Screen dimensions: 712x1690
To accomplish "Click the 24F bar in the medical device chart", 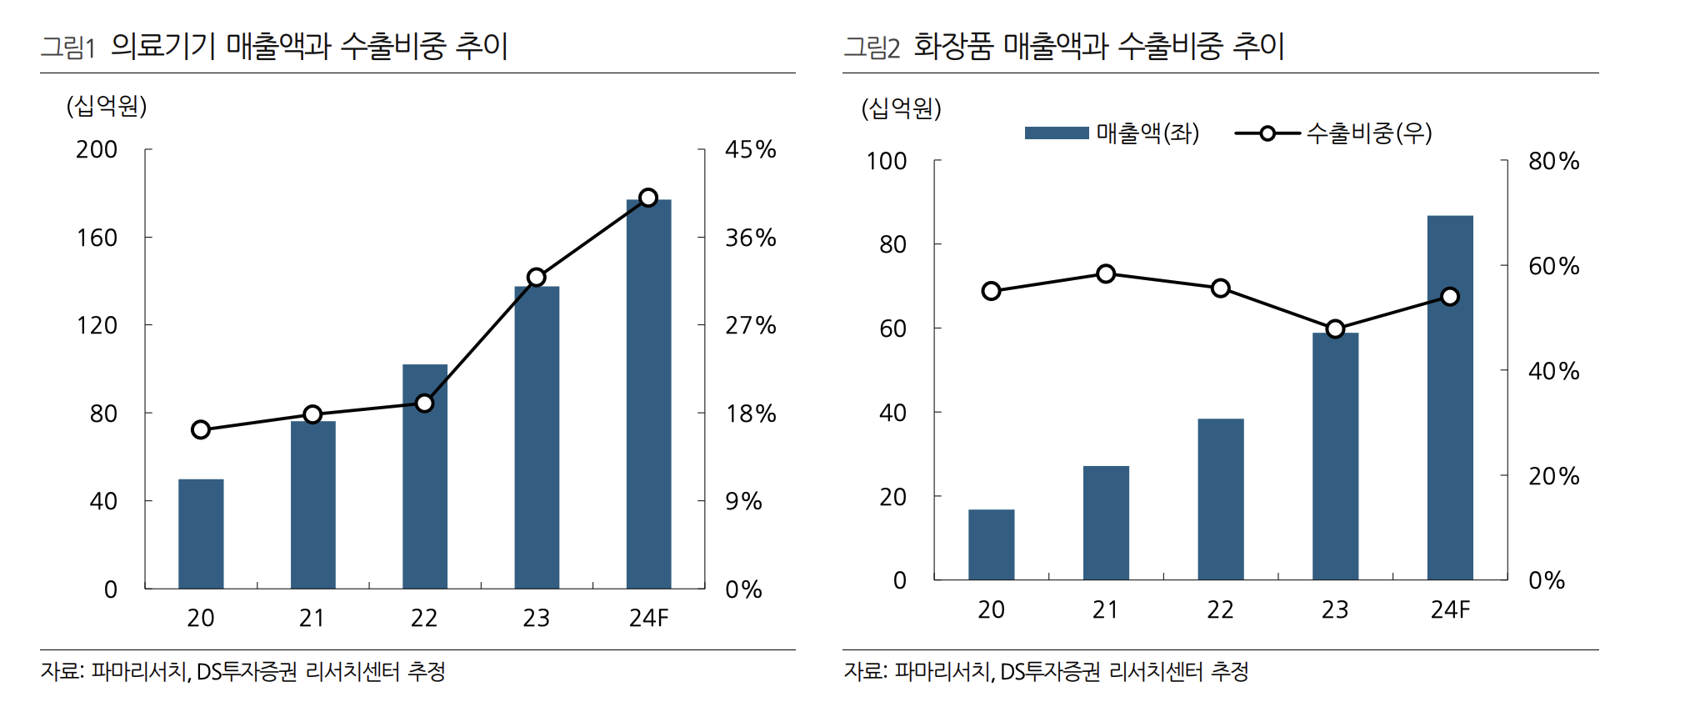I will [x=648, y=394].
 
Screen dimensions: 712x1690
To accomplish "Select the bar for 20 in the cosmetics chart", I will [x=991, y=544].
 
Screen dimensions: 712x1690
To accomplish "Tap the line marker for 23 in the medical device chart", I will [x=537, y=278].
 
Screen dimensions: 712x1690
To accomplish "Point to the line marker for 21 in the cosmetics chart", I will [x=1106, y=274].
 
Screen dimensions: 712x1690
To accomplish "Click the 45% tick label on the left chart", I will [x=750, y=150].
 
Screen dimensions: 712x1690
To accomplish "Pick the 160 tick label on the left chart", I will [x=97, y=238].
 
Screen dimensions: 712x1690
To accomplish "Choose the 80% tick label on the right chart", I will [x=1553, y=162].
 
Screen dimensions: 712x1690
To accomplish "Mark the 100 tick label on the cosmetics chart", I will [x=886, y=162].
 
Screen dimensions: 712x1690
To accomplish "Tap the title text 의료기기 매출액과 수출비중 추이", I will [x=309, y=46].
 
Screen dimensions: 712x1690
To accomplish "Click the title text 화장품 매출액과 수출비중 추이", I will [x=1098, y=46].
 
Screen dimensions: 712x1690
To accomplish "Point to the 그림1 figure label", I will [x=68, y=48].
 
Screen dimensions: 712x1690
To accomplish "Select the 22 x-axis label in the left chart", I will [x=424, y=619].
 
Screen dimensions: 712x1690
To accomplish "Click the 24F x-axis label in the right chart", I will [x=1450, y=610].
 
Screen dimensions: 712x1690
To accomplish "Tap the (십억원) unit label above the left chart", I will [x=107, y=106].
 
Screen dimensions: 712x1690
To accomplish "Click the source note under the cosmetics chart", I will [x=1046, y=671].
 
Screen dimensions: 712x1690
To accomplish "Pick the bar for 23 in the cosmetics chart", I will [x=1335, y=456].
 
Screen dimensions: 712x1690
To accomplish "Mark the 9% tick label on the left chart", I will [x=743, y=502].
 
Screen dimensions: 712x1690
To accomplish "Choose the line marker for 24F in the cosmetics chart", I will [x=1450, y=297].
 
